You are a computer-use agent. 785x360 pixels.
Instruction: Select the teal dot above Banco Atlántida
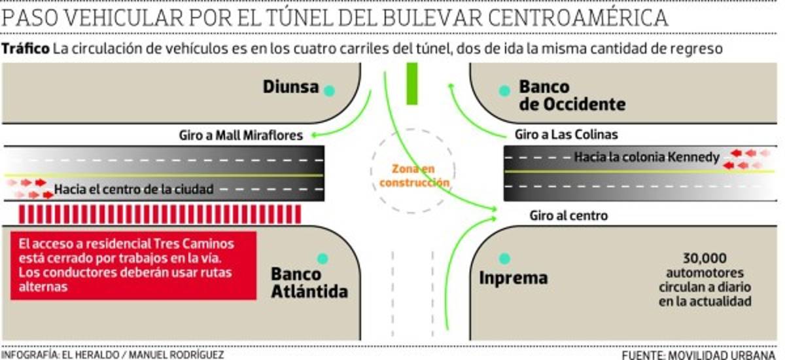tap(321, 259)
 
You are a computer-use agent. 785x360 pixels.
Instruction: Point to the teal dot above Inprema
tap(504, 259)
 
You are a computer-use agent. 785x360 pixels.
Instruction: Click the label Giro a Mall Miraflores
tap(241, 136)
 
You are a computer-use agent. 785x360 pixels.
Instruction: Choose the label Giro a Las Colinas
tap(566, 135)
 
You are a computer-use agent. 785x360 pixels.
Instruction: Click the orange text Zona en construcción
tap(414, 175)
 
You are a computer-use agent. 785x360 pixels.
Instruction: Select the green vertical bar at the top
tap(411, 84)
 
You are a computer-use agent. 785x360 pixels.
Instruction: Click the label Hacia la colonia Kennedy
tap(646, 157)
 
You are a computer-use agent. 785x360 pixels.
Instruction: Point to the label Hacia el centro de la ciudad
tap(134, 190)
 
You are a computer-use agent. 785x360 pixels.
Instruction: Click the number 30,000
tap(705, 257)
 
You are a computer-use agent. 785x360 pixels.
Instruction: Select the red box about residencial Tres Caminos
tap(133, 264)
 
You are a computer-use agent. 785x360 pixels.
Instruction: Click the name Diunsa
tap(290, 87)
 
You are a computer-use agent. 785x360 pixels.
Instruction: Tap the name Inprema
tap(513, 278)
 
